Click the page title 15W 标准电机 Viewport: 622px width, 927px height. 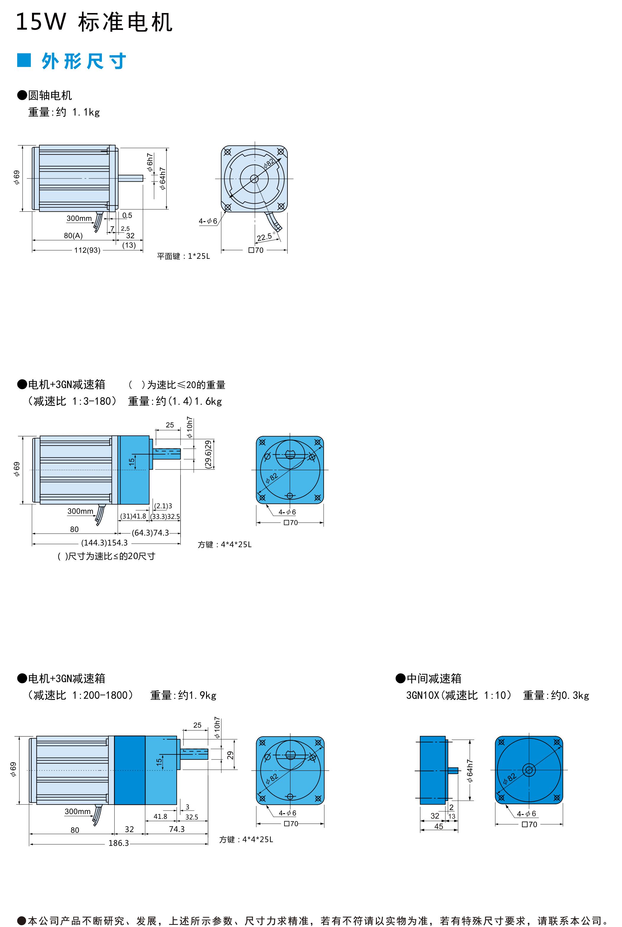(94, 22)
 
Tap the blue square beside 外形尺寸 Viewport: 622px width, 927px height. (24, 61)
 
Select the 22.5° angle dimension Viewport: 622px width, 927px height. (265, 237)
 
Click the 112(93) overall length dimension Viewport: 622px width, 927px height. (87, 250)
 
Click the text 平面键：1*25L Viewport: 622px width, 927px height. (183, 256)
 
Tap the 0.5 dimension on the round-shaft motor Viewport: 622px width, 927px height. (127, 215)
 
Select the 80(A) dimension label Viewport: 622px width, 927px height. (73, 235)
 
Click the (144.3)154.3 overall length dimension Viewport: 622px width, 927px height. (104, 543)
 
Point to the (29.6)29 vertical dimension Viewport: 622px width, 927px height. (209, 454)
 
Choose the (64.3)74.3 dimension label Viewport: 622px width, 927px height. (150, 533)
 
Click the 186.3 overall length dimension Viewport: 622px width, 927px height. (119, 843)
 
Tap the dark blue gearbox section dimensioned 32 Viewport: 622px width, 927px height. (129, 770)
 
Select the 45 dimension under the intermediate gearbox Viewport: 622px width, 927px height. (439, 826)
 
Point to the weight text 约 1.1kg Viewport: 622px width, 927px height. (78, 112)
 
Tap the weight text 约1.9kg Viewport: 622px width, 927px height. (197, 695)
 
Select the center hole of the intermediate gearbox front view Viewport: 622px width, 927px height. (529, 770)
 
